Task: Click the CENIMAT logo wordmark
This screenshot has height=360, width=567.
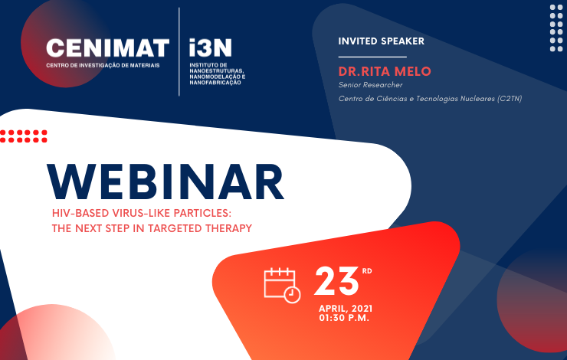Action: [x=108, y=48]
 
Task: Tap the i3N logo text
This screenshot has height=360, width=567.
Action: [x=211, y=48]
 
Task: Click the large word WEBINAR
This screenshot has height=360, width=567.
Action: [x=166, y=182]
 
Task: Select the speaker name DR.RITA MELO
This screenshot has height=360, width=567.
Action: [x=385, y=71]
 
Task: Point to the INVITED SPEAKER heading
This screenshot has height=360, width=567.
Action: [x=381, y=41]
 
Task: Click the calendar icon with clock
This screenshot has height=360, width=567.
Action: [x=283, y=286]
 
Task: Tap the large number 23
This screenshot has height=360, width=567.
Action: [x=336, y=281]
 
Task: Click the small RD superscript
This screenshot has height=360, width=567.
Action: [x=367, y=270]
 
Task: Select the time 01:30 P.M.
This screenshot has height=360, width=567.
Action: [x=344, y=318]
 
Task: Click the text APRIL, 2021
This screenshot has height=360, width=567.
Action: [x=346, y=309]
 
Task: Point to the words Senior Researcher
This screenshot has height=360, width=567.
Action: [x=370, y=85]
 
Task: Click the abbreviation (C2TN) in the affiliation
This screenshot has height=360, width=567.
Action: [x=510, y=99]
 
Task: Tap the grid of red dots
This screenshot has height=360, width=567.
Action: [x=24, y=136]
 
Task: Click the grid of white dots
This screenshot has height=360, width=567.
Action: [x=556, y=28]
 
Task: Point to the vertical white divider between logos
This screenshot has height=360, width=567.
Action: [x=179, y=51]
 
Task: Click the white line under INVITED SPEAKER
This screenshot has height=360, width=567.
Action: [x=372, y=57]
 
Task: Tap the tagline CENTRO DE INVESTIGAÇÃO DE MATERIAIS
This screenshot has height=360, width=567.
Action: [x=103, y=65]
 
